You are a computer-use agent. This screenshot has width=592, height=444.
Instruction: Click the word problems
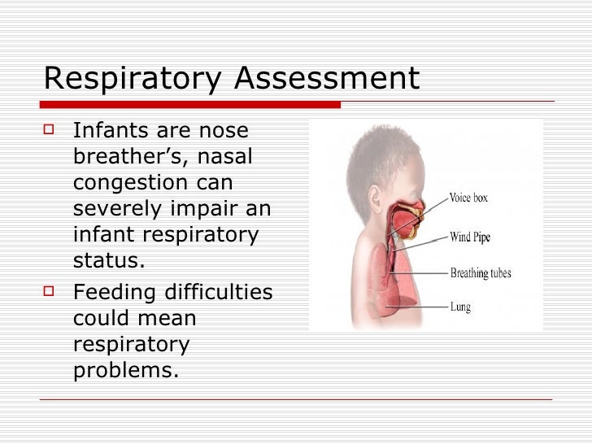(x=124, y=371)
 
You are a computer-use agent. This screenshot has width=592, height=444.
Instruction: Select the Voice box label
(x=468, y=198)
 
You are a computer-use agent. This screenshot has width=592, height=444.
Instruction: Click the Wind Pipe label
(x=471, y=237)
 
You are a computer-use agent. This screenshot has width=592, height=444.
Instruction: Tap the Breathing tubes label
(x=481, y=273)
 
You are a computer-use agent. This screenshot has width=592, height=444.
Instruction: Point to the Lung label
(x=461, y=307)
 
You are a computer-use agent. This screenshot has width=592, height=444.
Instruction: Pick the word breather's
(x=123, y=157)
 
